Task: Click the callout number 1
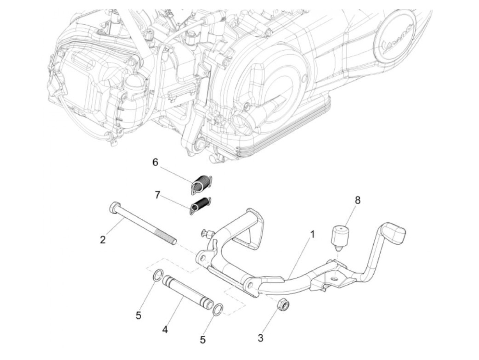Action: (x=312, y=234)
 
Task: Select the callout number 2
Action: (x=103, y=240)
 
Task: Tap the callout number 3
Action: (x=261, y=338)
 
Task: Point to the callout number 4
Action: (x=165, y=330)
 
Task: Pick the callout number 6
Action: (x=155, y=162)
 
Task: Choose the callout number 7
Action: (x=157, y=195)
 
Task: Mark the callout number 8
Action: (x=358, y=200)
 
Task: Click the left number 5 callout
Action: (x=138, y=316)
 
